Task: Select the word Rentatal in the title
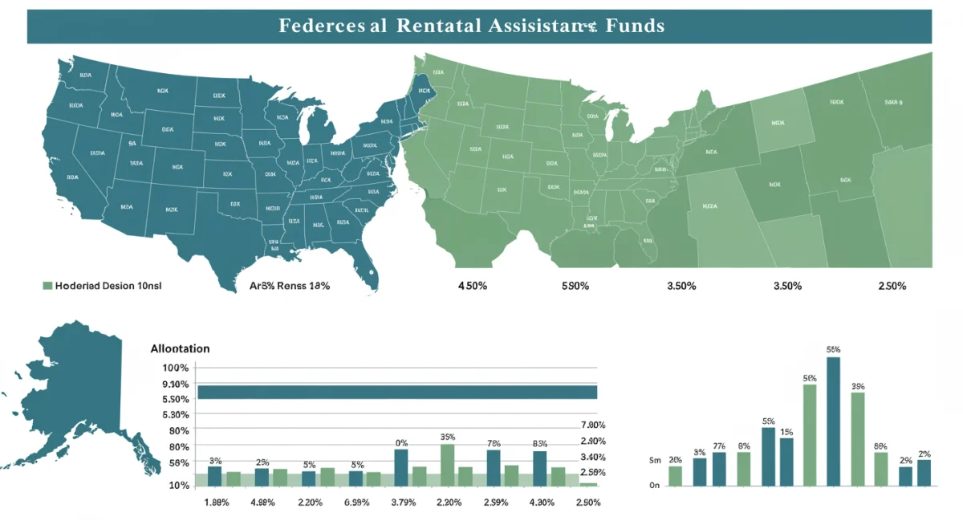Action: [x=437, y=26]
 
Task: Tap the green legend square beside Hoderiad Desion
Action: [x=47, y=286]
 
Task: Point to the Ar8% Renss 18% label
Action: [x=290, y=286]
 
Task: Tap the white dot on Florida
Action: [x=372, y=271]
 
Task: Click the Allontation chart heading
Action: [x=180, y=348]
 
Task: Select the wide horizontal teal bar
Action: [x=397, y=392]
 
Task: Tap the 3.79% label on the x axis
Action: [x=401, y=503]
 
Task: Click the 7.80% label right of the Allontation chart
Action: [x=592, y=425]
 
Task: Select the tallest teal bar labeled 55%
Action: [x=833, y=421]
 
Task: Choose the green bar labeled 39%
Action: [x=858, y=439]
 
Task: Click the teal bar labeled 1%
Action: [x=786, y=462]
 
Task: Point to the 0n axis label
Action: [x=654, y=485]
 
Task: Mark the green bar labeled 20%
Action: [x=675, y=475]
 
